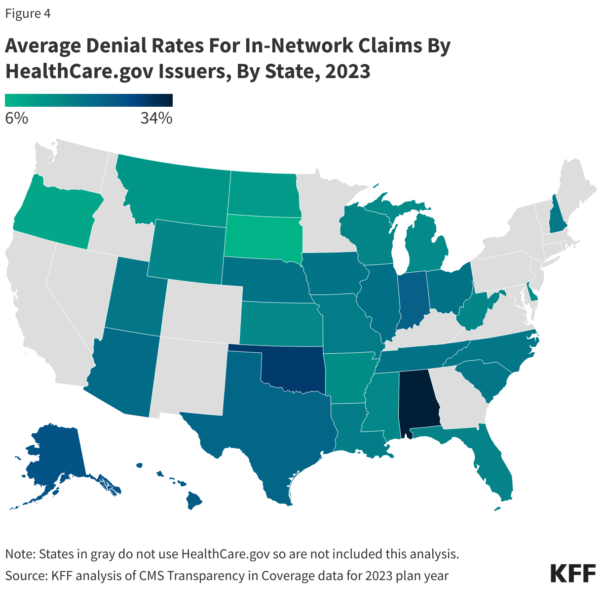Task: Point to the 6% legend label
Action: [x=16, y=119]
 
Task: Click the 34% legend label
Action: [x=156, y=119]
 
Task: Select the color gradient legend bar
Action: [x=89, y=100]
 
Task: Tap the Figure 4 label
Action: [x=28, y=14]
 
